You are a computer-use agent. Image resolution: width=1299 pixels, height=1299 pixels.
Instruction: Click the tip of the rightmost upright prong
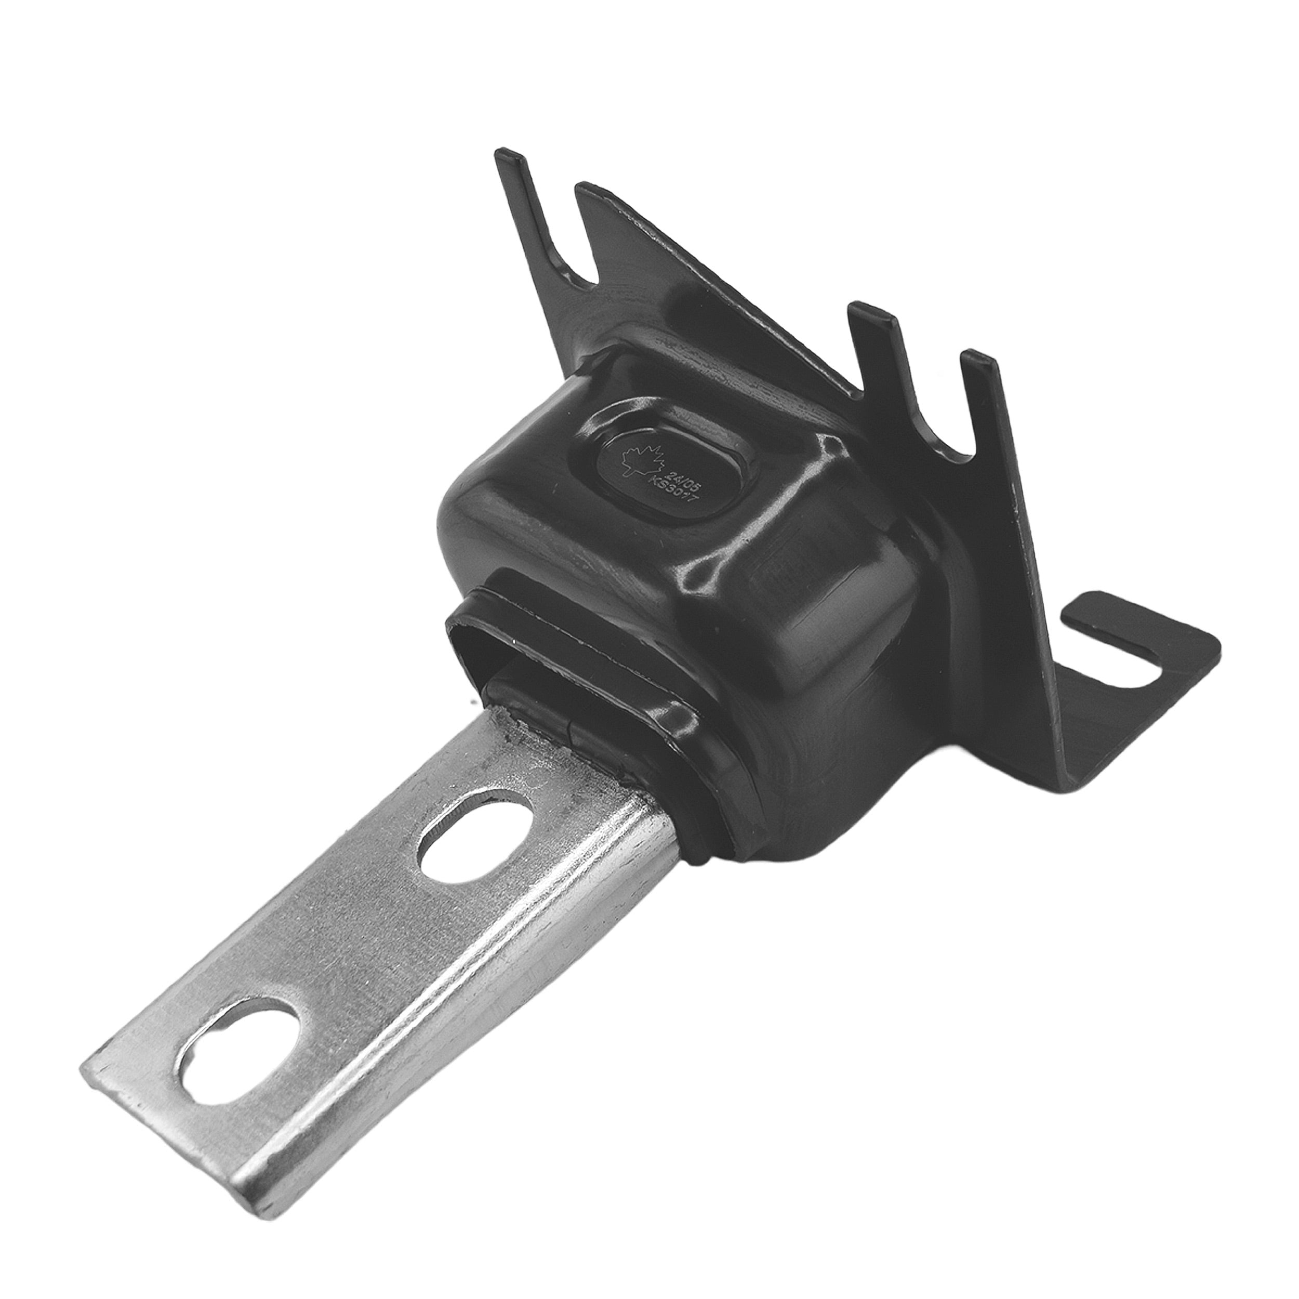point(977,356)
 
